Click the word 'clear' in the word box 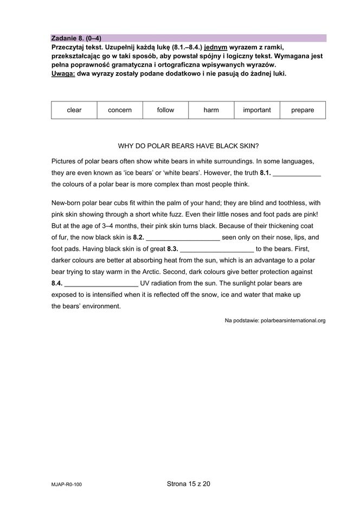click(x=74, y=110)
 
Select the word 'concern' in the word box click(x=120, y=110)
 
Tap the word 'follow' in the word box click(x=165, y=110)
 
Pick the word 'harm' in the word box click(x=211, y=110)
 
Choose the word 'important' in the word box click(x=256, y=110)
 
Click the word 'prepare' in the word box click(x=302, y=110)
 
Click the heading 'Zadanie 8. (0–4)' click(x=76, y=39)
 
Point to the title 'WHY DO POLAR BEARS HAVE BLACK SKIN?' click(x=188, y=146)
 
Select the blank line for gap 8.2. click(x=183, y=237)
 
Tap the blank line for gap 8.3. click(x=216, y=249)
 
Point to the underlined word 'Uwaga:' click(x=63, y=73)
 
